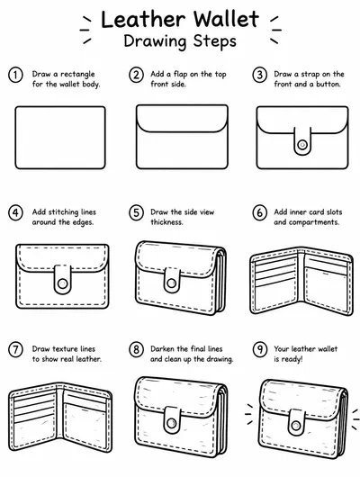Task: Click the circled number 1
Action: pyautogui.click(x=15, y=75)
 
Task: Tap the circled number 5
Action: pyautogui.click(x=136, y=212)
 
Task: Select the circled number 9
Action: pyautogui.click(x=260, y=350)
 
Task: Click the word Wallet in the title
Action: pyautogui.click(x=227, y=20)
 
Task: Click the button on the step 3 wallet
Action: pyautogui.click(x=302, y=145)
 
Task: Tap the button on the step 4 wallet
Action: pyautogui.click(x=62, y=283)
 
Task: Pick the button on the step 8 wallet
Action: pyautogui.click(x=171, y=423)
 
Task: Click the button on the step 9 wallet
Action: pyautogui.click(x=295, y=425)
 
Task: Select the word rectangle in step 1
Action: pyautogui.click(x=77, y=74)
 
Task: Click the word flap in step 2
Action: pyautogui.click(x=180, y=74)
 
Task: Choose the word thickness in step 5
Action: pyautogui.click(x=166, y=222)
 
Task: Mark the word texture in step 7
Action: pyautogui.click(x=60, y=349)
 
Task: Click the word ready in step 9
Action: pyautogui.click(x=292, y=359)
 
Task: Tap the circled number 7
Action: pyautogui.click(x=15, y=350)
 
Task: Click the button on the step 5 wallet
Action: pyautogui.click(x=171, y=283)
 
